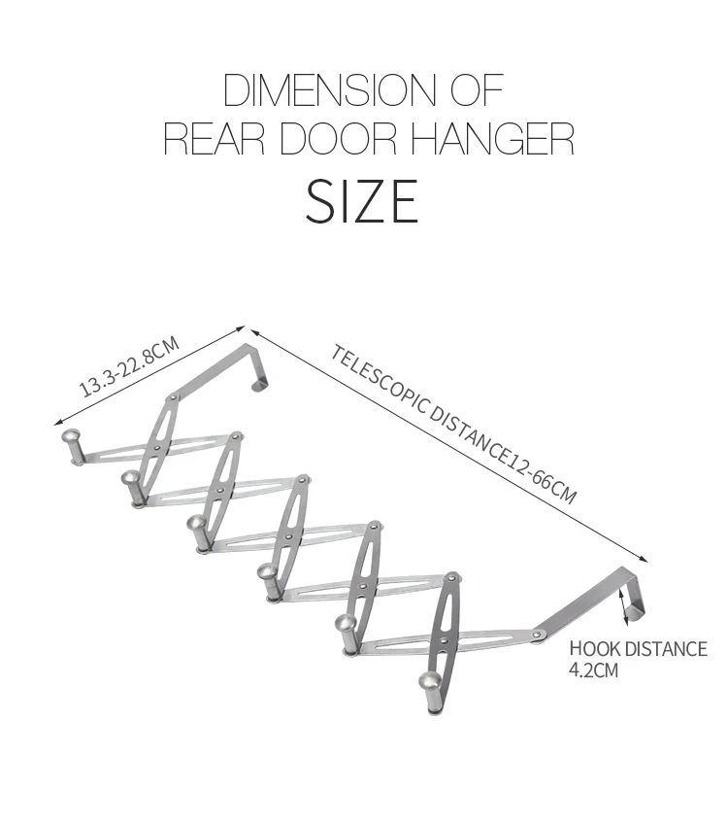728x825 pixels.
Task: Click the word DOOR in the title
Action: [340, 138]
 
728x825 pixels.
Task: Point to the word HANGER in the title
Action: [492, 138]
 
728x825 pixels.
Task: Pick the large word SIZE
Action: [363, 201]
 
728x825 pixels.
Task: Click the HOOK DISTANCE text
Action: [638, 649]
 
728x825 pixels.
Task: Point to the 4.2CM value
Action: [594, 670]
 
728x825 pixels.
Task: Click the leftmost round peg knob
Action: [71, 440]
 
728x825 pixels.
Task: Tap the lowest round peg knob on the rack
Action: [428, 684]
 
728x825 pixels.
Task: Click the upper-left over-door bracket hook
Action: [260, 367]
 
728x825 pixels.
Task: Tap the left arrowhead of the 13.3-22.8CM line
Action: [55, 426]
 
